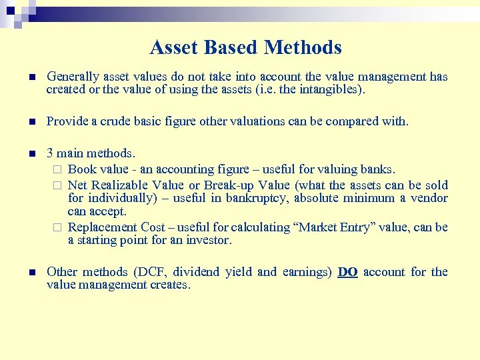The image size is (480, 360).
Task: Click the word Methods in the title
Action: point(303,47)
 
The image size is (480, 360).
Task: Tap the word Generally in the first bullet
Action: point(71,77)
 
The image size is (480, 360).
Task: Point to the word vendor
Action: point(429,198)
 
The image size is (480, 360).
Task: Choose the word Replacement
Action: point(103,227)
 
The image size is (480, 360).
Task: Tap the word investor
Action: point(208,241)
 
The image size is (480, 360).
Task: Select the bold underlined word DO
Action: point(347,272)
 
